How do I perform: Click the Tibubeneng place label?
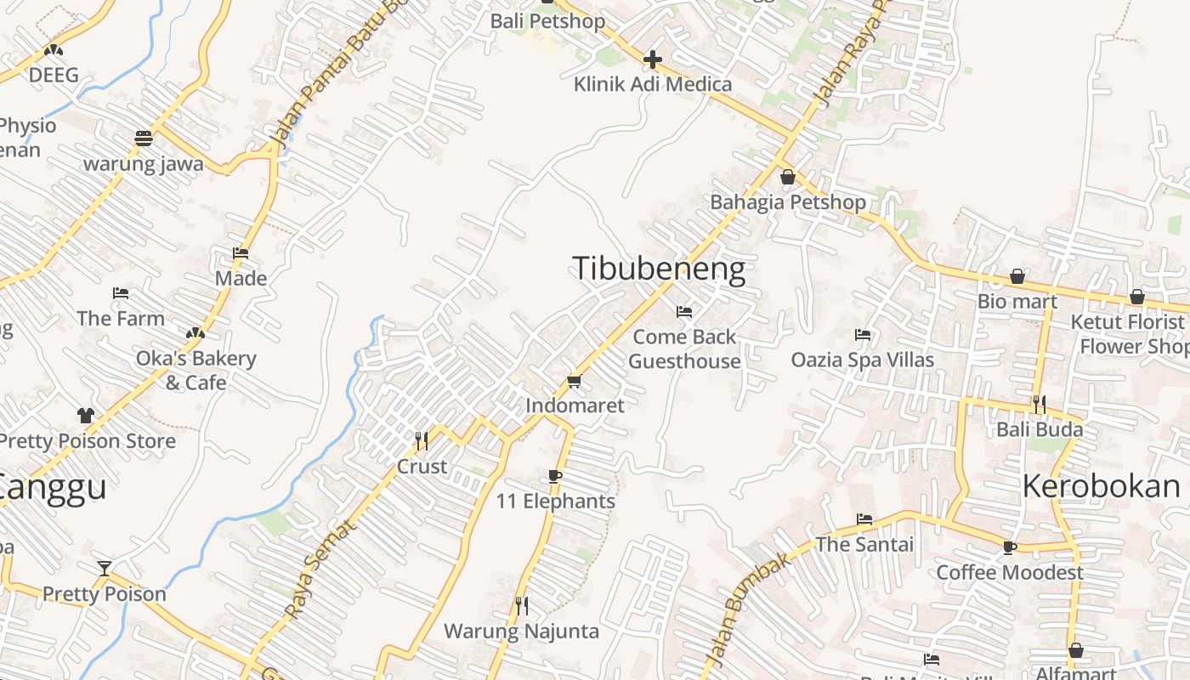(x=659, y=269)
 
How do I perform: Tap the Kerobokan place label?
(x=1101, y=486)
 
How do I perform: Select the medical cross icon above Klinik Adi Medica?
(x=652, y=59)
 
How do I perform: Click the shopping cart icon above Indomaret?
(x=574, y=381)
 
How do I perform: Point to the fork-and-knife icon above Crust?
(x=421, y=440)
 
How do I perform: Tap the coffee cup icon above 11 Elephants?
(x=555, y=476)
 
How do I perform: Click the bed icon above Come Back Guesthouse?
(x=684, y=312)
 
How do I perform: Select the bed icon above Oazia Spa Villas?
(x=863, y=335)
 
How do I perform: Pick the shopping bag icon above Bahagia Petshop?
(x=788, y=177)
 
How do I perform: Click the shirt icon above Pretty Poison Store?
(x=86, y=416)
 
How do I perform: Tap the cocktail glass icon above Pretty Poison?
(x=105, y=568)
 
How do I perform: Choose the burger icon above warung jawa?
(x=143, y=138)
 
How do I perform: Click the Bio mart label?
(x=1017, y=301)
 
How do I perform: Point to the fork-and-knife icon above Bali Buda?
(x=1039, y=404)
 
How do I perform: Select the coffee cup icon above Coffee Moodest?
(x=1009, y=547)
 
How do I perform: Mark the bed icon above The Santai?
(x=864, y=518)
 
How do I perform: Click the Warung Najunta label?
(x=521, y=632)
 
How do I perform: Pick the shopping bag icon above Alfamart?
(x=1075, y=650)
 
